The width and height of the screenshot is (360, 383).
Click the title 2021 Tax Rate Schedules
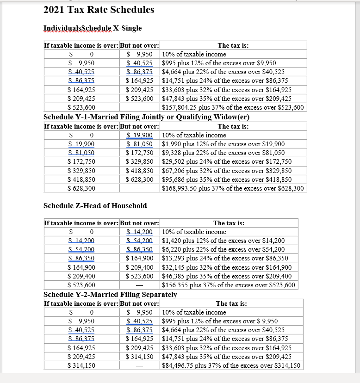coord(99,10)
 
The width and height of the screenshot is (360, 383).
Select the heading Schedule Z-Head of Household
coord(95,205)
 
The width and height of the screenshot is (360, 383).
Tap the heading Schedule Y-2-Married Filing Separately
coord(110,295)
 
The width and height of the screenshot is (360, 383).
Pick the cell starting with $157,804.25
coord(233,107)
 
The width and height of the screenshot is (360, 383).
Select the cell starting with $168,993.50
coord(233,188)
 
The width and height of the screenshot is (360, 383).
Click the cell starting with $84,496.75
coord(231,365)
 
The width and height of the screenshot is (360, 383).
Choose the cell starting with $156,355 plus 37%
coord(229,285)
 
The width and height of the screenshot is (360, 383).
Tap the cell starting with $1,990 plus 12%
coord(223,144)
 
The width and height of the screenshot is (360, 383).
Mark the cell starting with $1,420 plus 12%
coord(223,241)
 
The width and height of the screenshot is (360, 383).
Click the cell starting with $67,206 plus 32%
coord(227,171)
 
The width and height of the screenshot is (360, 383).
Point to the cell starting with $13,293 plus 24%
coord(225,258)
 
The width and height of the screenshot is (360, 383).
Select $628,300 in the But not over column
coord(140,179)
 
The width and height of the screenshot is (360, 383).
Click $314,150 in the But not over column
coord(140,357)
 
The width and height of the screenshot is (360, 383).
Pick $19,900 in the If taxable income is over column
coord(81,144)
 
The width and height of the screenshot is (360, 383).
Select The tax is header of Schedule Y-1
coord(233,126)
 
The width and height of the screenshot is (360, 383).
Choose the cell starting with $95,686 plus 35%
coord(227,179)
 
